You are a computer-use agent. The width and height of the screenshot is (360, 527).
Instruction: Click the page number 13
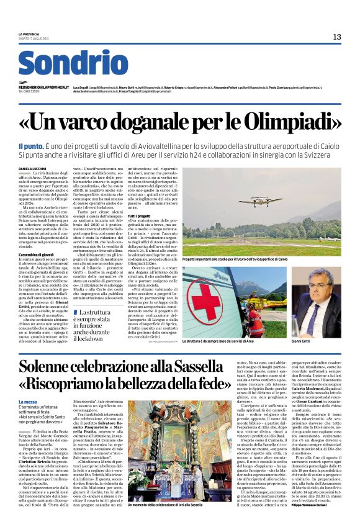pyautogui.click(x=337, y=37)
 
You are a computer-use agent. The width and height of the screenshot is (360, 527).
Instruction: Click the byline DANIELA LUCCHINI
pyautogui.click(x=32, y=168)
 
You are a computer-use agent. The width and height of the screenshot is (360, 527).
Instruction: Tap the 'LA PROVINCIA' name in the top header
pyautogui.click(x=29, y=34)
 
